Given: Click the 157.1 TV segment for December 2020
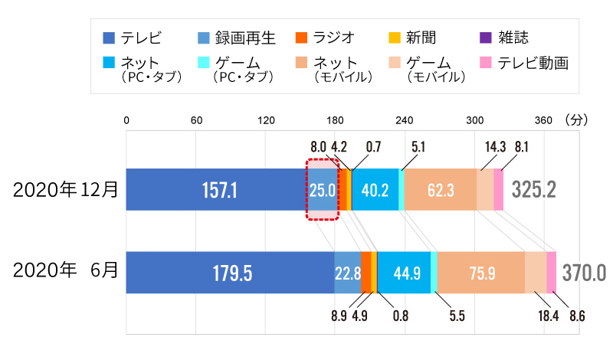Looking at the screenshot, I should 216,188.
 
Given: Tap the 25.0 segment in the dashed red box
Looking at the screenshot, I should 322,189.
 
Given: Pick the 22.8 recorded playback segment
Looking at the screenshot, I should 347,273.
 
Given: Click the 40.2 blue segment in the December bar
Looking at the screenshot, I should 375,189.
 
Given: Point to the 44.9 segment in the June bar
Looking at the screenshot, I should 404,273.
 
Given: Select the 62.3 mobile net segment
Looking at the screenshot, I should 440,189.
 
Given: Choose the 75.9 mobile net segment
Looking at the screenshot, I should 480,273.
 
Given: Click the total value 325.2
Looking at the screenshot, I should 534,189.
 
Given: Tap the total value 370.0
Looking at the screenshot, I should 584,273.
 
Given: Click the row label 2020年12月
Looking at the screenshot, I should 65,189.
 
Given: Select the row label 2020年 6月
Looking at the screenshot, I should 65,271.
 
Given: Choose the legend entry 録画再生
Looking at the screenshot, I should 235,37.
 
